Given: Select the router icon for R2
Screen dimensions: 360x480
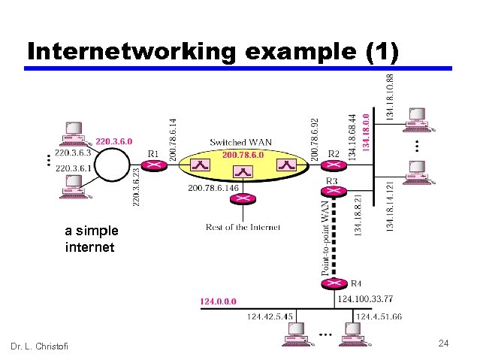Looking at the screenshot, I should point(334,166).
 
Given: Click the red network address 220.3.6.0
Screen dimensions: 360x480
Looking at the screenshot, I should point(114,141).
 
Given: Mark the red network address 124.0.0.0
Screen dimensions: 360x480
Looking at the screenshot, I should point(218,301).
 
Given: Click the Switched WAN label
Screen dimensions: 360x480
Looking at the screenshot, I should point(240,142).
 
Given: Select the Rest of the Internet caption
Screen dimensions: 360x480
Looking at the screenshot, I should point(243,226).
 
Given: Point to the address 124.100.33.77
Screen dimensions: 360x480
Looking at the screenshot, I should point(366,299).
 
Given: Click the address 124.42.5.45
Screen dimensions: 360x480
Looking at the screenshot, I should point(270,316).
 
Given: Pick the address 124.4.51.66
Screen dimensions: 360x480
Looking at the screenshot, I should point(379,316).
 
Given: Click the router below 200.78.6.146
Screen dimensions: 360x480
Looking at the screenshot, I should point(243,199).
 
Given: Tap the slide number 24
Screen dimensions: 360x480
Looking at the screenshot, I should point(443,343).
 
